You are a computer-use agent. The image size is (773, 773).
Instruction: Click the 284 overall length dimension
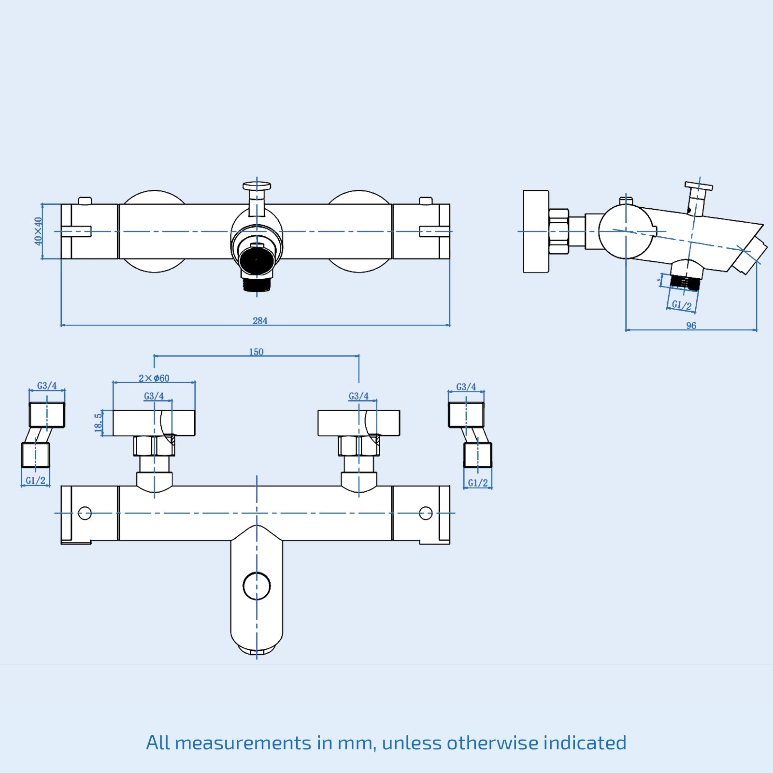(260, 321)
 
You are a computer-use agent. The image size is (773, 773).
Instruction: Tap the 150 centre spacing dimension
(256, 352)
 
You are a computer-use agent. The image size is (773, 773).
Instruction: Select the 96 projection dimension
(691, 326)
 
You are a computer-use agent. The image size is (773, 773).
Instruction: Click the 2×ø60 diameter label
(154, 378)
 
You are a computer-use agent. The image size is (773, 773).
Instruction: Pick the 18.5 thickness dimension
(99, 422)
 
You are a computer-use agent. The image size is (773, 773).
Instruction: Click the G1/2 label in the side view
(682, 305)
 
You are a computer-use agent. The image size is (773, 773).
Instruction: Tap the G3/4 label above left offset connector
(47, 386)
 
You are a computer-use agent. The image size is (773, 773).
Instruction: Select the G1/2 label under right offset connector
(478, 483)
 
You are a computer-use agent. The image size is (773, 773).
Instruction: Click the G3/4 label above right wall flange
(358, 396)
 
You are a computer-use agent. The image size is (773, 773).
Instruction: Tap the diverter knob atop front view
(257, 186)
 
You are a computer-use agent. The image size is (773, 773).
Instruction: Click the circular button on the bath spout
(257, 586)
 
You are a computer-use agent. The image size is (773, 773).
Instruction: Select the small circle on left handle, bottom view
(85, 513)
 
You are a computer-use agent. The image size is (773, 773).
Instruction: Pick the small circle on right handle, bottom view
(426, 513)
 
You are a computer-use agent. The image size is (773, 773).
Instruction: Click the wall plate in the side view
(536, 231)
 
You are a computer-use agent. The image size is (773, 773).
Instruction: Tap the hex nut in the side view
(558, 231)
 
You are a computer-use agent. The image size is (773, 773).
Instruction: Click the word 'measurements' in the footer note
(243, 743)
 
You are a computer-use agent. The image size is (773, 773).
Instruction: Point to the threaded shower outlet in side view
(685, 282)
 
